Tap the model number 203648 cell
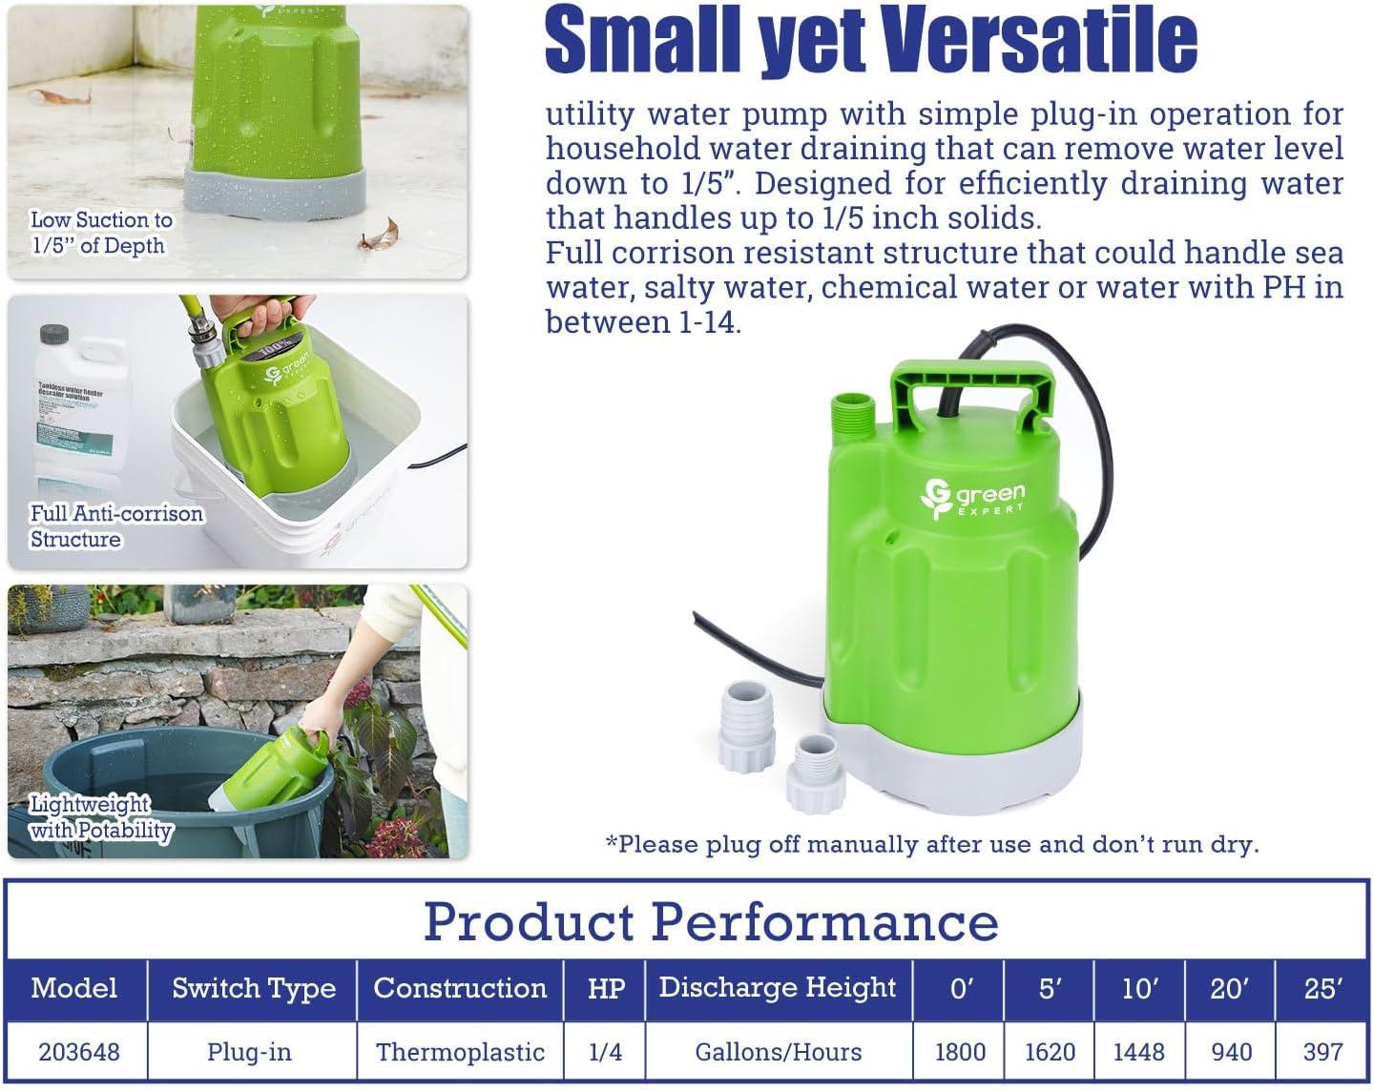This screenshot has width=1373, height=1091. point(79,1051)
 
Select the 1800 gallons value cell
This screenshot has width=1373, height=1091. point(960,1051)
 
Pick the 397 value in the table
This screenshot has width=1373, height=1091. point(1322,1051)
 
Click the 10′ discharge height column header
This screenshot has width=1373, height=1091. point(1139,989)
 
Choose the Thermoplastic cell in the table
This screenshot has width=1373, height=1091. point(460,1051)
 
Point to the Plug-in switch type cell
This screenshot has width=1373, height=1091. point(250,1051)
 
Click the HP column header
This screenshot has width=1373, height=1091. point(606,989)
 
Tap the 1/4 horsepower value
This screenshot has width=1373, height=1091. point(606,1051)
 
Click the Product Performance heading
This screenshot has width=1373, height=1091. point(711,921)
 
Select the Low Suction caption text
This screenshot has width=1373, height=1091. point(101,233)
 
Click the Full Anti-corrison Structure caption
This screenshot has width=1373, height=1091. point(116,526)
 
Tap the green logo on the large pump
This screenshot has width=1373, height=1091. point(972,498)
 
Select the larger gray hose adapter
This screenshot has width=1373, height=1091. point(751,712)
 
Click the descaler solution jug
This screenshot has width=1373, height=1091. point(76,410)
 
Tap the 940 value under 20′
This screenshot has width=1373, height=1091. point(1231,1051)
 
